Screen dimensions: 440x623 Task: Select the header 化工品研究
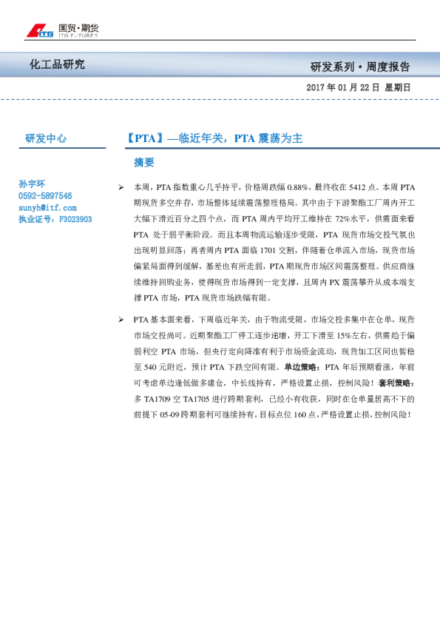coord(57,65)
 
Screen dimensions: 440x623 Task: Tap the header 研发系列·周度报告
coord(359,67)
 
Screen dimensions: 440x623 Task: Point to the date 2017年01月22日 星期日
coord(358,87)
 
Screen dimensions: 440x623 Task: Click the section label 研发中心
coord(46,138)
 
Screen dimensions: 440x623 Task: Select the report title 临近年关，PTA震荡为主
coord(214,138)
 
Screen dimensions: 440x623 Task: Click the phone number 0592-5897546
coord(45,196)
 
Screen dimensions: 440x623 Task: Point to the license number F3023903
coord(75,220)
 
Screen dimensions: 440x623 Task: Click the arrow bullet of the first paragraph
coord(121,187)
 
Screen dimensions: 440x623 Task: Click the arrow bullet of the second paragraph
coord(121,319)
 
